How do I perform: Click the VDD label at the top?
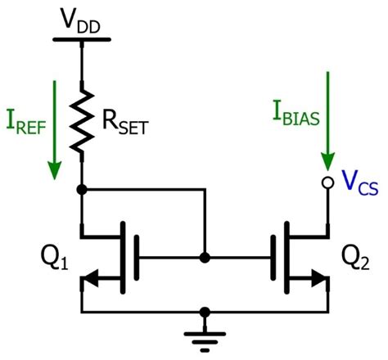point(82,17)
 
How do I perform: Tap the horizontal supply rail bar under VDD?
point(81,38)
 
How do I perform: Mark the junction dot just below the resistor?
point(81,189)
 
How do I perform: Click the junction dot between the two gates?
point(205,257)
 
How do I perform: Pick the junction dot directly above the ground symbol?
point(205,312)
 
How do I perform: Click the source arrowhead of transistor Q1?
point(92,282)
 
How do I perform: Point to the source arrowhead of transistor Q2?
point(317,282)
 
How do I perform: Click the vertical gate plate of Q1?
point(136,257)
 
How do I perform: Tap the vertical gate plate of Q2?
point(273,257)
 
